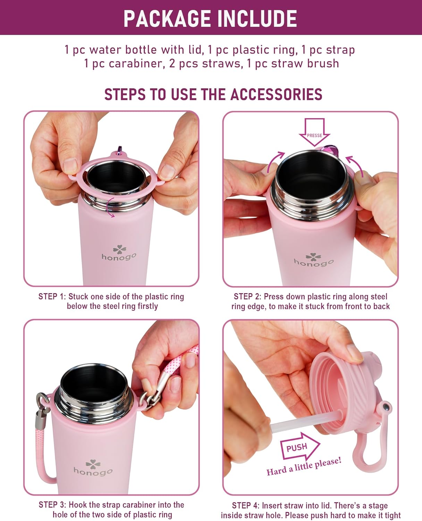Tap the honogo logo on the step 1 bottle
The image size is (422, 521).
(119, 253)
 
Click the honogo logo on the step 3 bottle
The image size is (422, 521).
(93, 468)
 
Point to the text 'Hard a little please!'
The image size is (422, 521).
(304, 466)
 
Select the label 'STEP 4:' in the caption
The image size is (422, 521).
(245, 505)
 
